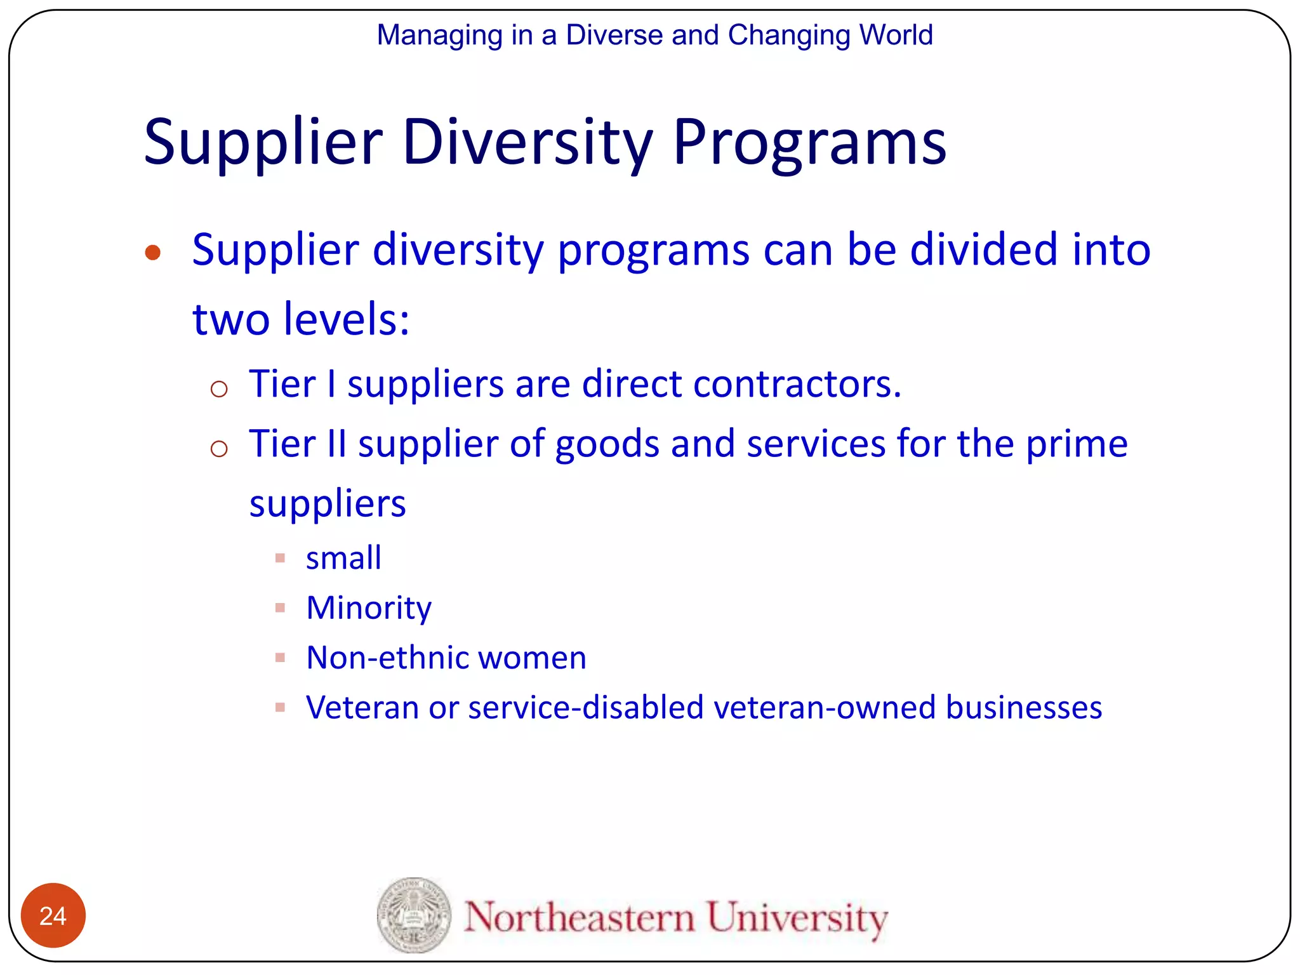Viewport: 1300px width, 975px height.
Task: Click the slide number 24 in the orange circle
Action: [x=53, y=915]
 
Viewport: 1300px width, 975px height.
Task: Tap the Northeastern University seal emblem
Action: [x=413, y=915]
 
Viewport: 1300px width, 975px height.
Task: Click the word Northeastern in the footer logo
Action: [x=579, y=917]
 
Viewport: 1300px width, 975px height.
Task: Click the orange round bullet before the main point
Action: [x=152, y=253]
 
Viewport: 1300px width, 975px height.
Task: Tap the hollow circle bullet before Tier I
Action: [x=219, y=388]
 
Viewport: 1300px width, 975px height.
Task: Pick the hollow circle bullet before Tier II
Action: [x=219, y=449]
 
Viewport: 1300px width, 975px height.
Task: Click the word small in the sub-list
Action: [x=343, y=558]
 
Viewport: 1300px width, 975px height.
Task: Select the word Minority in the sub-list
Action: [x=369, y=608]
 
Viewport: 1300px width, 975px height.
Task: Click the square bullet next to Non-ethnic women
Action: [x=280, y=658]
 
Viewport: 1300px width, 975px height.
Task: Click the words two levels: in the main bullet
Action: [x=301, y=319]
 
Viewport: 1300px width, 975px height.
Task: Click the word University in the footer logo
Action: [x=797, y=917]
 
